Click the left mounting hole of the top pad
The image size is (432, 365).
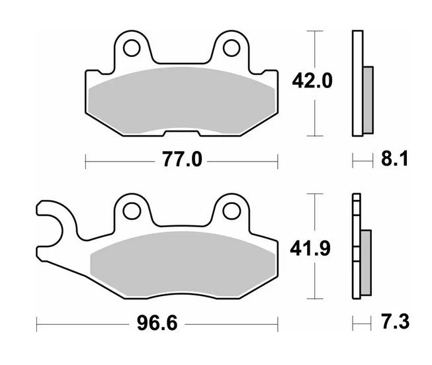[x=132, y=48]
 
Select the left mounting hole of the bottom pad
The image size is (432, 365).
[x=132, y=211]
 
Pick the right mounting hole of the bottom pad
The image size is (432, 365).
[x=231, y=211]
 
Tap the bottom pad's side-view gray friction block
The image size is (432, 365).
[x=367, y=262]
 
